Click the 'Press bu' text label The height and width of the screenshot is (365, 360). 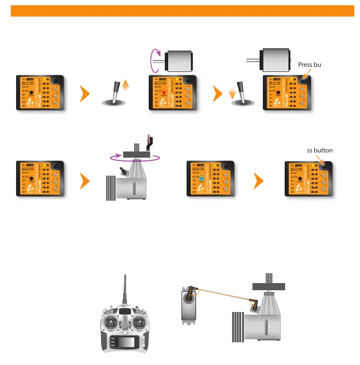[310, 64]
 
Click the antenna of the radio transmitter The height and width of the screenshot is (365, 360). [125, 289]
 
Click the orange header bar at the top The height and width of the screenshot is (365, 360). [182, 11]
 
